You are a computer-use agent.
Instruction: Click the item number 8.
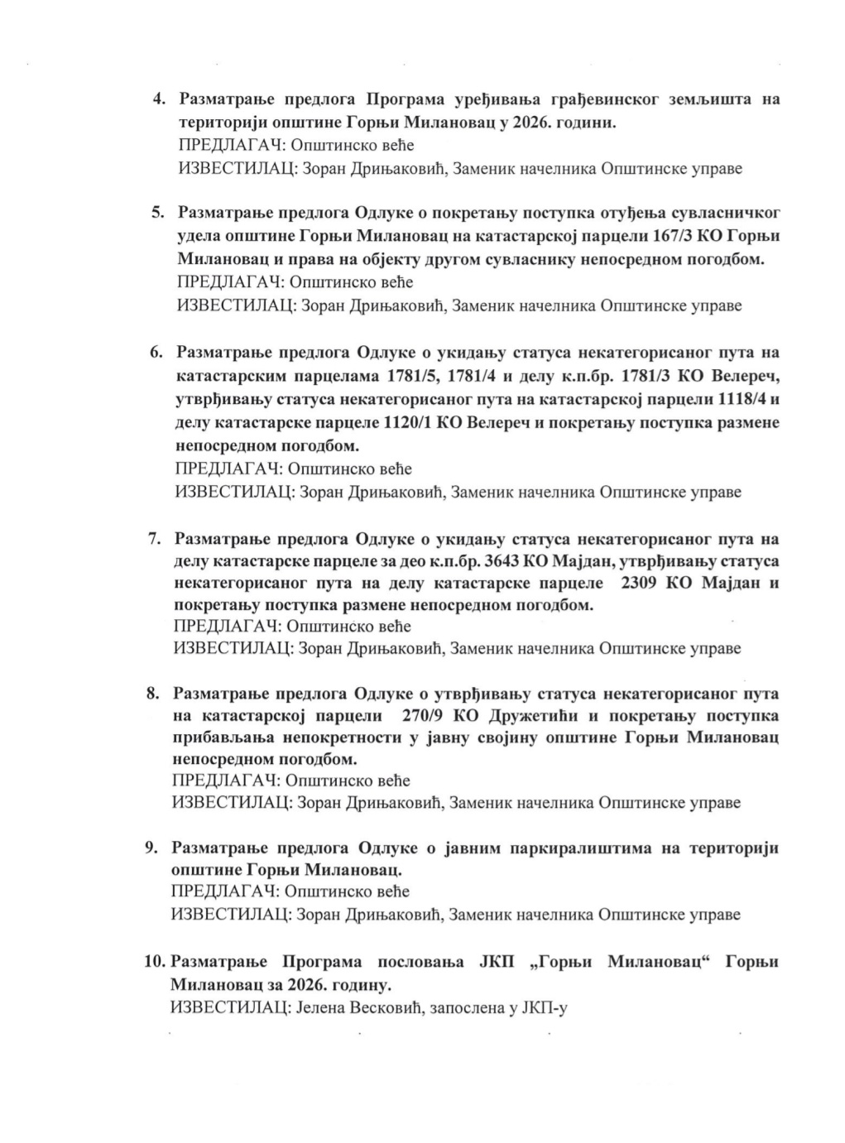(x=153, y=694)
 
